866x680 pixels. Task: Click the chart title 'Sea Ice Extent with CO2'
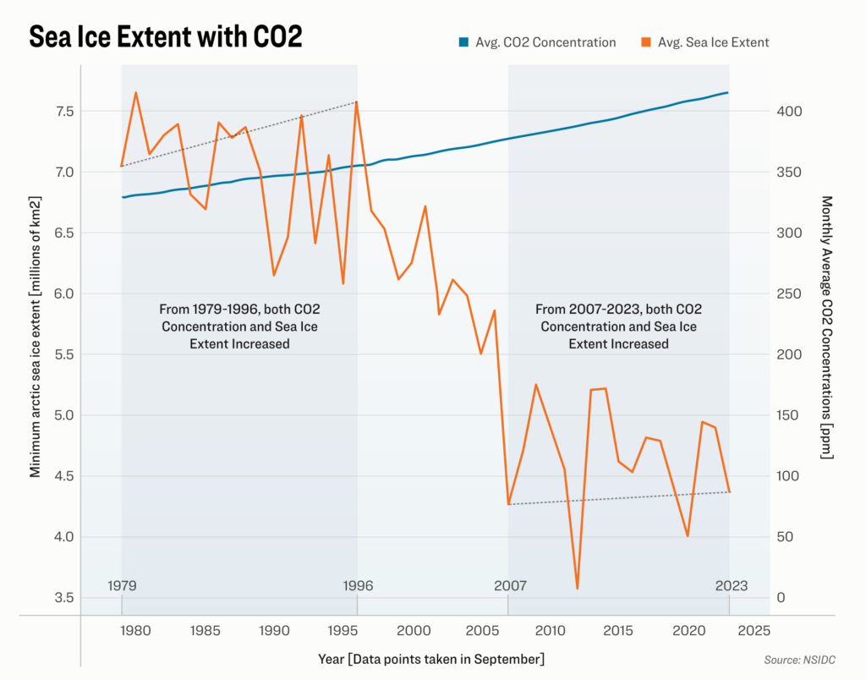coord(166,37)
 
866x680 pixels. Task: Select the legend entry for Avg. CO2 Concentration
coord(537,41)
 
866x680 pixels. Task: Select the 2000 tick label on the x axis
coord(411,631)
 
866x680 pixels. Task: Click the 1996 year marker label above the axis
coord(357,585)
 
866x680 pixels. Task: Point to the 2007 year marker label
coord(510,585)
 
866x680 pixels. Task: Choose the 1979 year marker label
coord(123,585)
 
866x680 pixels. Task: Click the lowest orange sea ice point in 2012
coord(577,588)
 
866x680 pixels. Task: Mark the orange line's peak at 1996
coord(357,101)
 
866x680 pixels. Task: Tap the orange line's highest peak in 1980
coord(136,92)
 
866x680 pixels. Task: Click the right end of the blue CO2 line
coord(728,92)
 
